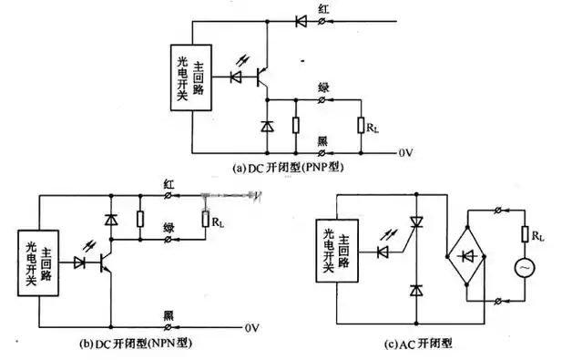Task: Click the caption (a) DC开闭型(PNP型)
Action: (x=290, y=167)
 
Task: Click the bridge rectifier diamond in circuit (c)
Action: (x=466, y=250)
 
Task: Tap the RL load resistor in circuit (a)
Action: (x=362, y=125)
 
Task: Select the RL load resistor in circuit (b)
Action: (x=204, y=218)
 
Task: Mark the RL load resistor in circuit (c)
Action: (x=524, y=236)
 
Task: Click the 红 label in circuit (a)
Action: (x=323, y=8)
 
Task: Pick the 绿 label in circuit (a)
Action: (x=322, y=87)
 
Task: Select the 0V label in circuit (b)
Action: (x=255, y=326)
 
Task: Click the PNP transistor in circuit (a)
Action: (x=262, y=77)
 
